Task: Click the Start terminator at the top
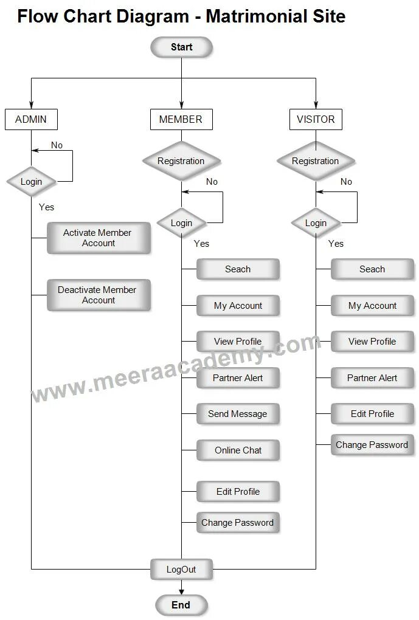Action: pos(181,47)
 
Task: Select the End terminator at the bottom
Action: pos(181,605)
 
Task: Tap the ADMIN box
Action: pos(31,119)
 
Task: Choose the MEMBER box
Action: pos(181,119)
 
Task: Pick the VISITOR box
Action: pos(316,119)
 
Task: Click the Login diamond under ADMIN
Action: pos(31,182)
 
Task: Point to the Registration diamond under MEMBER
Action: pos(181,161)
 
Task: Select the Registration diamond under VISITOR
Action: pos(316,161)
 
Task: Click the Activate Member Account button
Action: pos(98,238)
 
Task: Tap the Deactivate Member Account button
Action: pos(98,295)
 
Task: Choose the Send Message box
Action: pos(238,414)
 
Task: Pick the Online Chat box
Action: pos(238,450)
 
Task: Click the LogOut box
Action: pos(181,570)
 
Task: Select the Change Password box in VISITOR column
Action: pos(372,445)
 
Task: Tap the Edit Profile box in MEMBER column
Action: pos(238,492)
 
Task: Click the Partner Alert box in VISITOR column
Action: pos(372,378)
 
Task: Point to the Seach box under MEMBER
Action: pos(238,269)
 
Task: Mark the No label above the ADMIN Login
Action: pos(57,145)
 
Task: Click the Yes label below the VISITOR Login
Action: pos(336,244)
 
